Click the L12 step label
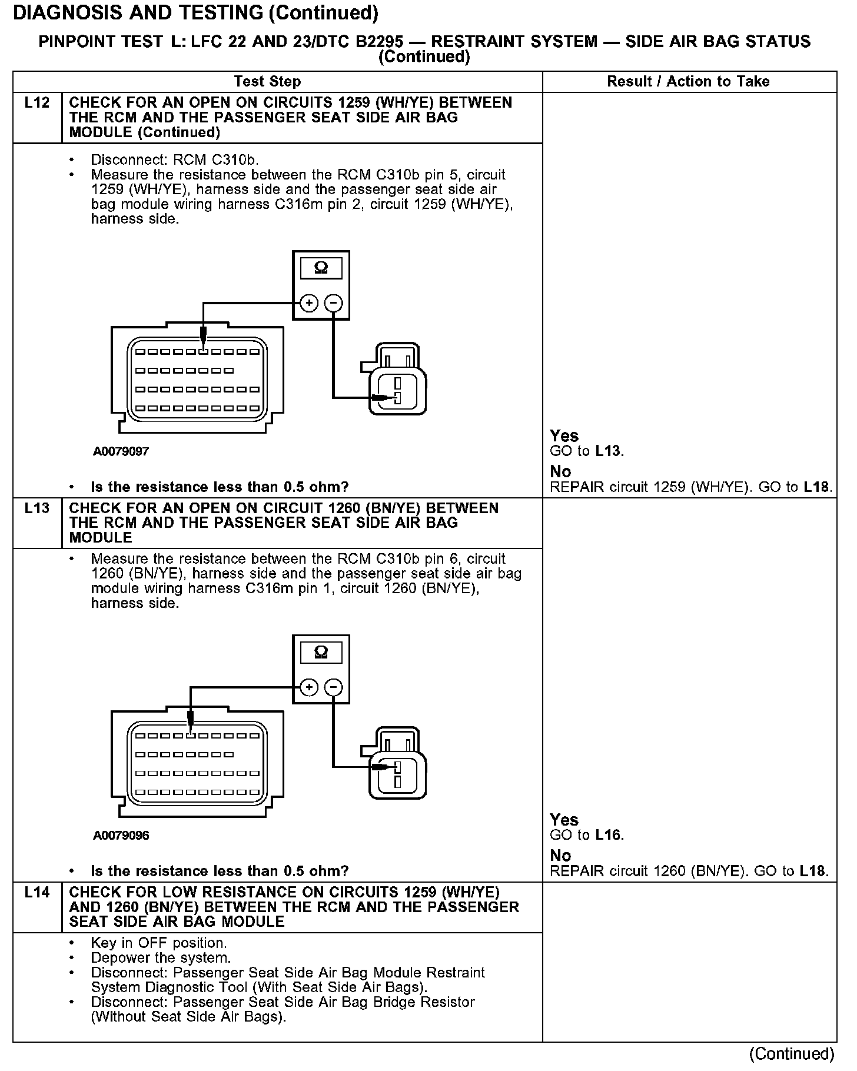pos(37,103)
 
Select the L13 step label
pos(37,508)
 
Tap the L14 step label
pos(37,892)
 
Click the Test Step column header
pos(267,81)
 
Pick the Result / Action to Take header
pos(688,81)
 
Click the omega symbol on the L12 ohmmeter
pos(321,268)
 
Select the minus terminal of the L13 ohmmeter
pos(334,687)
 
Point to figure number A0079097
pos(121,451)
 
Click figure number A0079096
pos(121,835)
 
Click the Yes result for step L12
pos(564,436)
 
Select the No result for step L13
pos(560,855)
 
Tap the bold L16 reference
pos(609,835)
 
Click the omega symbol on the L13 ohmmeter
pos(321,652)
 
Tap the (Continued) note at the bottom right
pos(792,1053)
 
